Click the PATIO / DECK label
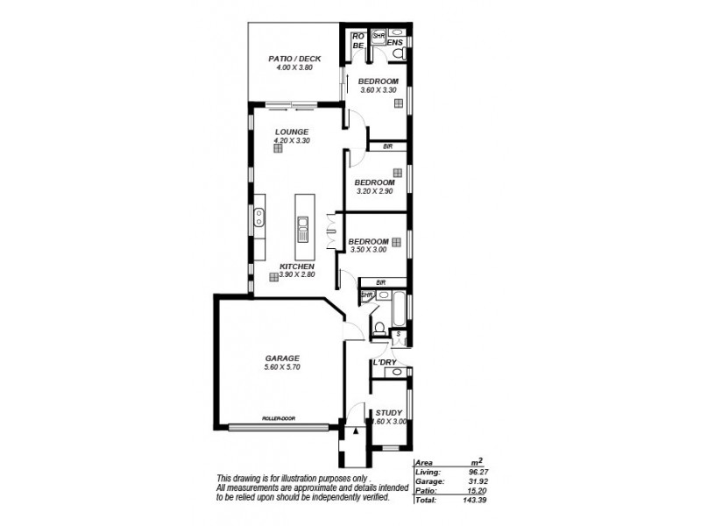tap(294, 59)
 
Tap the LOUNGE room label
tap(292, 131)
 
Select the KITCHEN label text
tap(297, 266)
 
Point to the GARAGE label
tap(283, 358)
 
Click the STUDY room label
tap(388, 412)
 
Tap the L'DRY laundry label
tap(385, 362)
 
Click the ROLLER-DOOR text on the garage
tap(279, 418)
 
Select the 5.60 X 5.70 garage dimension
tap(282, 367)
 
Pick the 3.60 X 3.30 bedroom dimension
tap(378, 90)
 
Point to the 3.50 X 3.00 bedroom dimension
tap(368, 250)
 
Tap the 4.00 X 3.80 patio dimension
tap(294, 68)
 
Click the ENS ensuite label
tap(395, 41)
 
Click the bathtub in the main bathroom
tap(400, 309)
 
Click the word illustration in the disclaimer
tap(297, 477)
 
